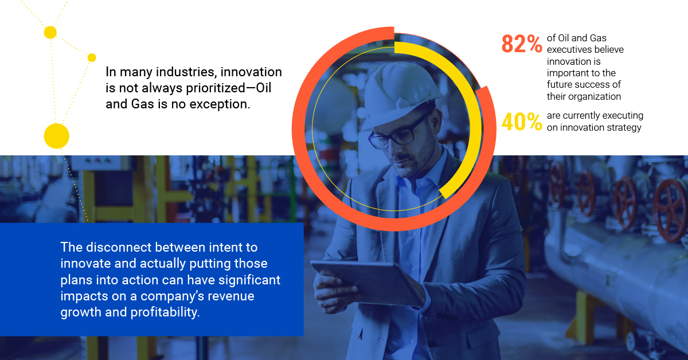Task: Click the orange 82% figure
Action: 522,44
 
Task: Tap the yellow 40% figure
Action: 522,122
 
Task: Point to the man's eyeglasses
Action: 399,132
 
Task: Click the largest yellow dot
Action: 57,136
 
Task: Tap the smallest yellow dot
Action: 92,57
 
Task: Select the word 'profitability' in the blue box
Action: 165,312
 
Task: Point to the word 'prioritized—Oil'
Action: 229,88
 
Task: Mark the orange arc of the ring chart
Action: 299,129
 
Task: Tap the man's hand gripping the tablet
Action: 335,292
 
